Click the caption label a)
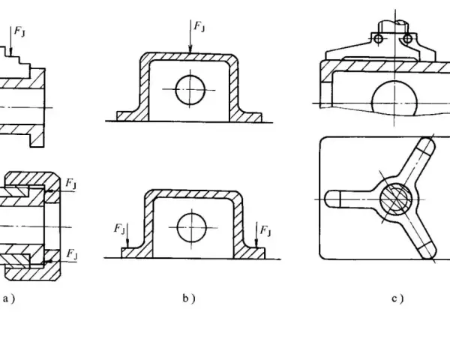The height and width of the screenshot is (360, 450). (8, 299)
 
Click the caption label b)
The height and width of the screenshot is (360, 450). (189, 298)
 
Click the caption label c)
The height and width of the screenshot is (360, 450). (397, 298)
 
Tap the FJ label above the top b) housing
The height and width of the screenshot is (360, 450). (199, 26)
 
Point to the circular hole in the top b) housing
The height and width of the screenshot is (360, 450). (190, 89)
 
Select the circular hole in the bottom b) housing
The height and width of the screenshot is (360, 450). (192, 227)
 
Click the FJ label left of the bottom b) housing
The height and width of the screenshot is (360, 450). (119, 229)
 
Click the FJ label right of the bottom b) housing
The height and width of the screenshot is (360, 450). (265, 230)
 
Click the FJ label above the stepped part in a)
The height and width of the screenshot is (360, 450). (19, 31)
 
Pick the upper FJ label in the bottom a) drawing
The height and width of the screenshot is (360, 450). (71, 183)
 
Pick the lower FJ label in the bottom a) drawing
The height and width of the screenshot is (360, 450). (71, 254)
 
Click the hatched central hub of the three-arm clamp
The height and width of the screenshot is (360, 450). (395, 199)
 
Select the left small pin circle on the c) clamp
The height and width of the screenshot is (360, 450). (379, 38)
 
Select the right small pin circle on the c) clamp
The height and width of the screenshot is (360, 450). (407, 38)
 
